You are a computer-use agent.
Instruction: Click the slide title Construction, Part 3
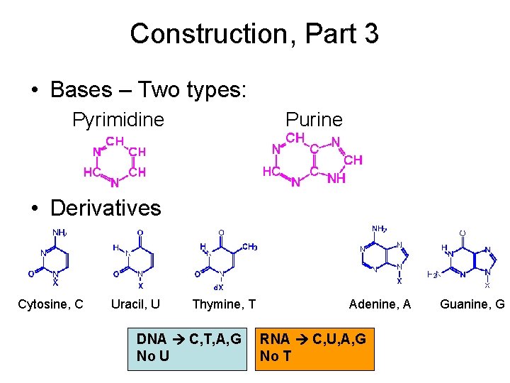tap(254, 33)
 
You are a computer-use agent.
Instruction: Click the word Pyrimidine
tap(118, 120)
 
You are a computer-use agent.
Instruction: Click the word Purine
tap(314, 120)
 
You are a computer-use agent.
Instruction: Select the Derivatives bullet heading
tap(106, 208)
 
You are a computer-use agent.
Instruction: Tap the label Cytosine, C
tap(50, 304)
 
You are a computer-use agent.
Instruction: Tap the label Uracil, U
tap(135, 304)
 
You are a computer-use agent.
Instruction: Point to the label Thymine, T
tap(224, 304)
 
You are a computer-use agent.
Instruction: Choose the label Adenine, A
tap(380, 304)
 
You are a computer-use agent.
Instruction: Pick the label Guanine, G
tap(472, 304)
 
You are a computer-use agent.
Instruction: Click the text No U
tap(152, 356)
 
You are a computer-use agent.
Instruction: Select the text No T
tap(276, 356)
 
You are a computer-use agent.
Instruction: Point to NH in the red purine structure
tap(336, 179)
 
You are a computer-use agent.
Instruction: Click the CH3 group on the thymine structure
tap(250, 247)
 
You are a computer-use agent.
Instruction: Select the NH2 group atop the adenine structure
tap(380, 229)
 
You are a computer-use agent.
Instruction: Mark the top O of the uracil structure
tap(140, 233)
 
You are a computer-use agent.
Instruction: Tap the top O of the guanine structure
tap(463, 233)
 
